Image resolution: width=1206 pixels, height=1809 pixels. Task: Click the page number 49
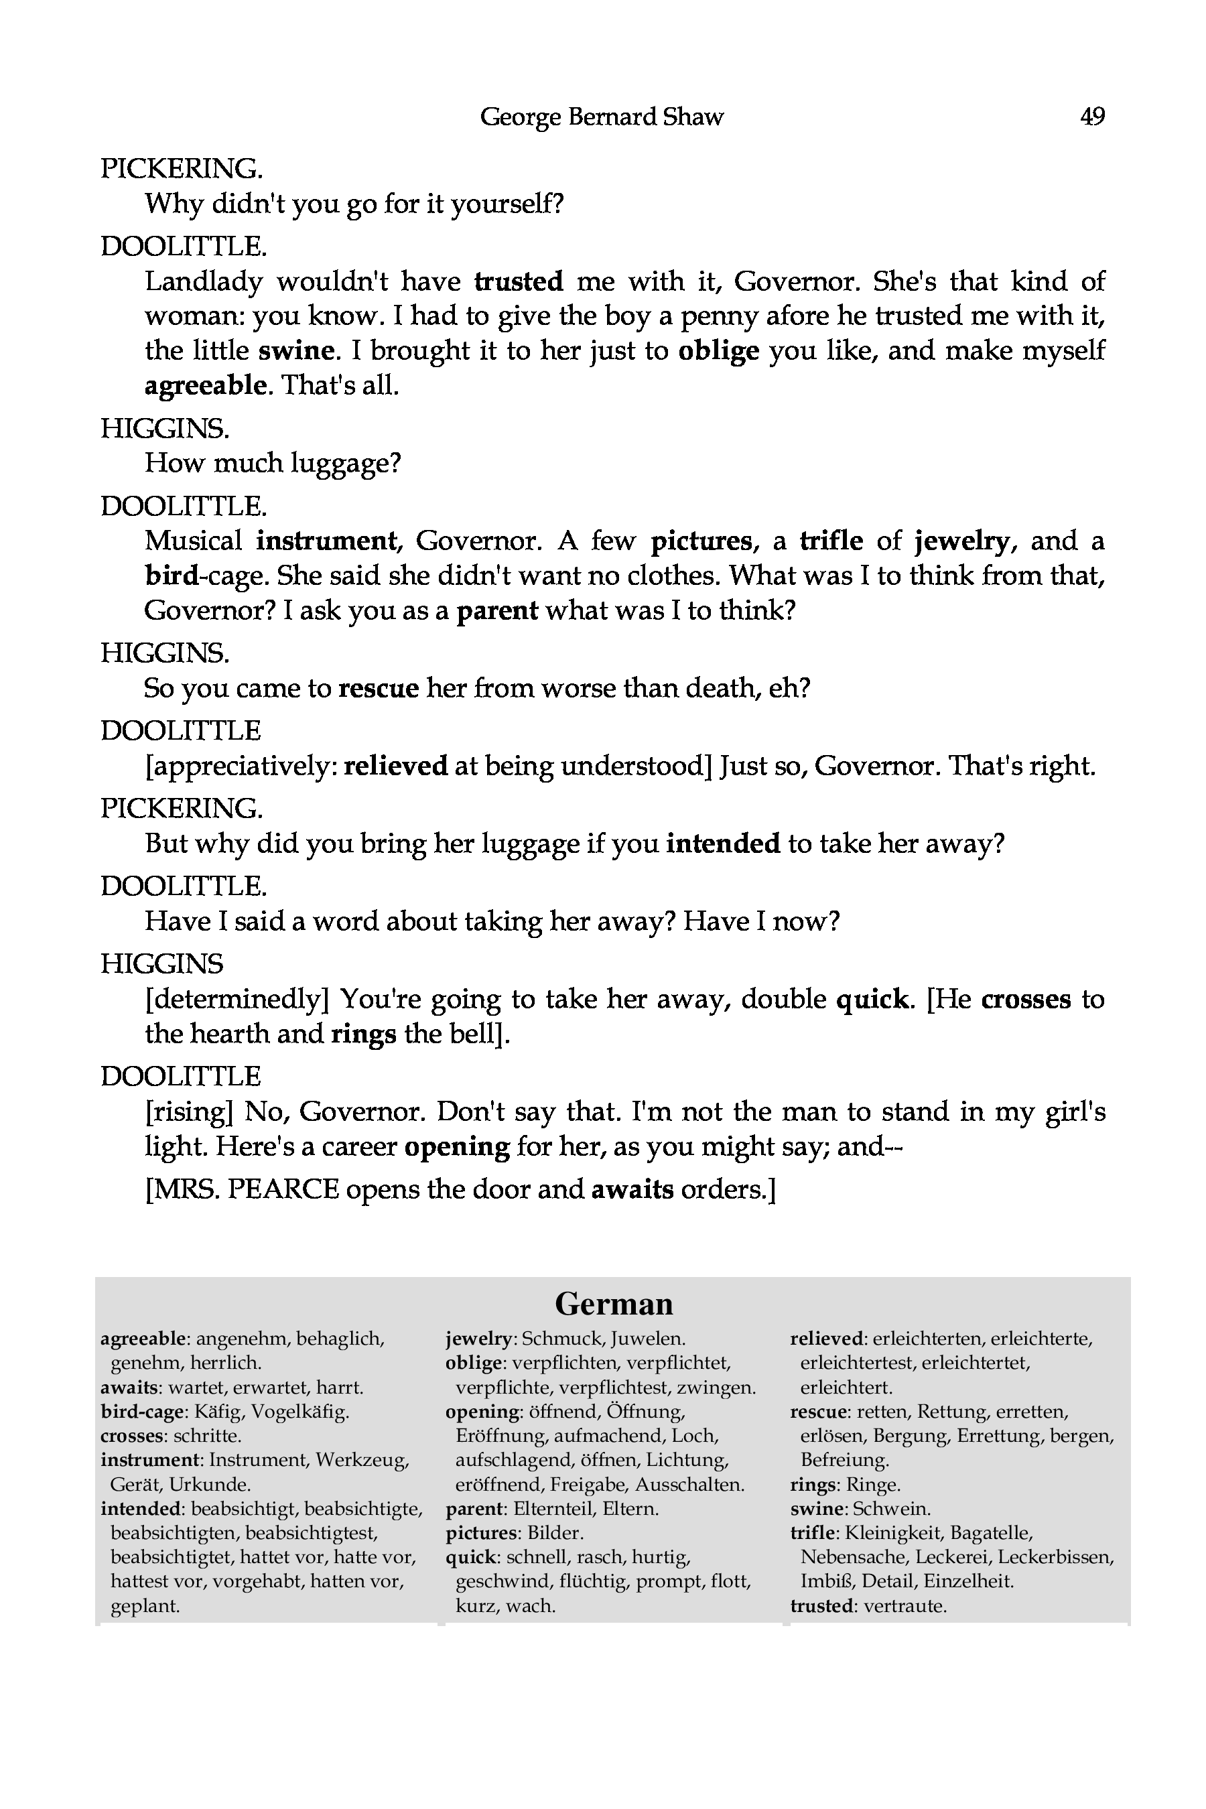tap(1092, 117)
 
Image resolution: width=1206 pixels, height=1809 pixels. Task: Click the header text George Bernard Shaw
tap(602, 117)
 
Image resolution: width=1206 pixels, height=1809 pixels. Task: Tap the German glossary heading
tap(613, 1304)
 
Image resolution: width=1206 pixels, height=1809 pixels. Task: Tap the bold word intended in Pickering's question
tap(723, 844)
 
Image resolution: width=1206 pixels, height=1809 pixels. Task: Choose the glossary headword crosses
tap(131, 1436)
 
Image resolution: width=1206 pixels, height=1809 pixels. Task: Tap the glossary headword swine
tap(817, 1509)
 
